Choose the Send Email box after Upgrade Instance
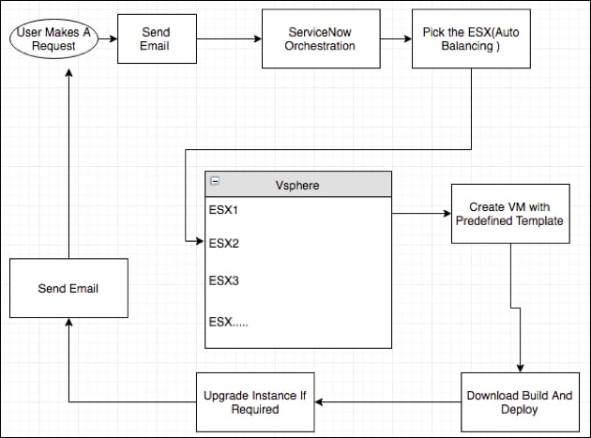coord(68,288)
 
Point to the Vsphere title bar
coord(298,185)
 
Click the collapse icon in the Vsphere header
coord(214,180)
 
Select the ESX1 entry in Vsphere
coord(224,210)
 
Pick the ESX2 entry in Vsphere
coord(224,243)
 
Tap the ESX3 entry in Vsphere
coord(224,280)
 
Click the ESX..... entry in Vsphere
coord(231,322)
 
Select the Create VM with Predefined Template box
coord(509,213)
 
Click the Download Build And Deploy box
coord(519,402)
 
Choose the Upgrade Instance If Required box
coord(254,402)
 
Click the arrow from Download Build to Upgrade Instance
coord(388,402)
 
